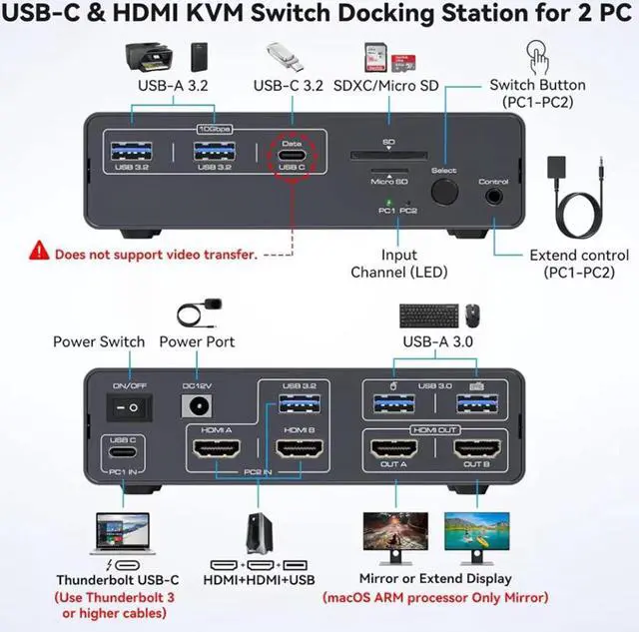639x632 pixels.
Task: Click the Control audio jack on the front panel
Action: pos(494,196)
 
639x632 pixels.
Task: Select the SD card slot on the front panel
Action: pos(388,156)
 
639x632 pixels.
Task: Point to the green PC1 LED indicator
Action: pos(386,203)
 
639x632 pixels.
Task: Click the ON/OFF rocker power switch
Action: pos(127,406)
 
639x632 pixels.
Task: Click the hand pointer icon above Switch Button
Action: pos(537,53)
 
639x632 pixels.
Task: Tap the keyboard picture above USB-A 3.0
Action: pos(429,315)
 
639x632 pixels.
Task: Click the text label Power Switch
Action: pos(100,341)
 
